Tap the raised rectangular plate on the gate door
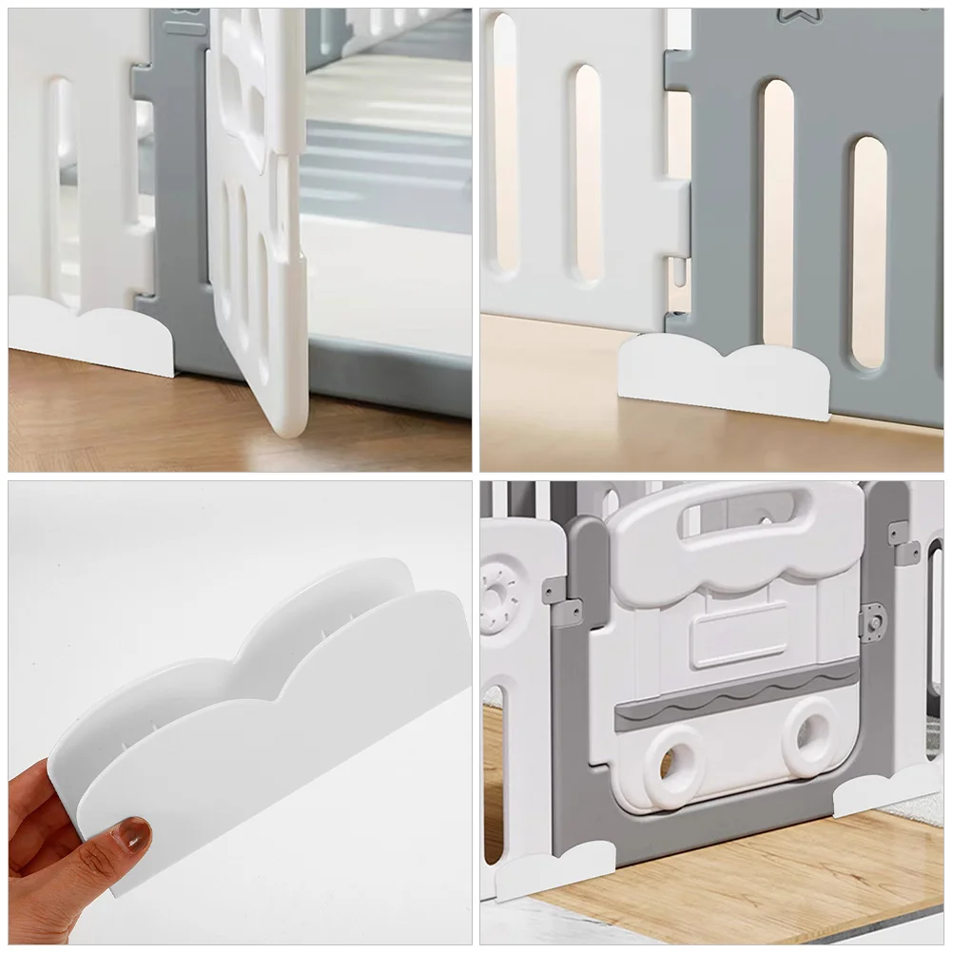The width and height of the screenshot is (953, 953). click(x=738, y=634)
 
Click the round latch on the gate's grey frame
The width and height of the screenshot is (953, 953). click(x=871, y=624)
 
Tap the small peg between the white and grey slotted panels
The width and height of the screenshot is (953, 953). click(x=676, y=272)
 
